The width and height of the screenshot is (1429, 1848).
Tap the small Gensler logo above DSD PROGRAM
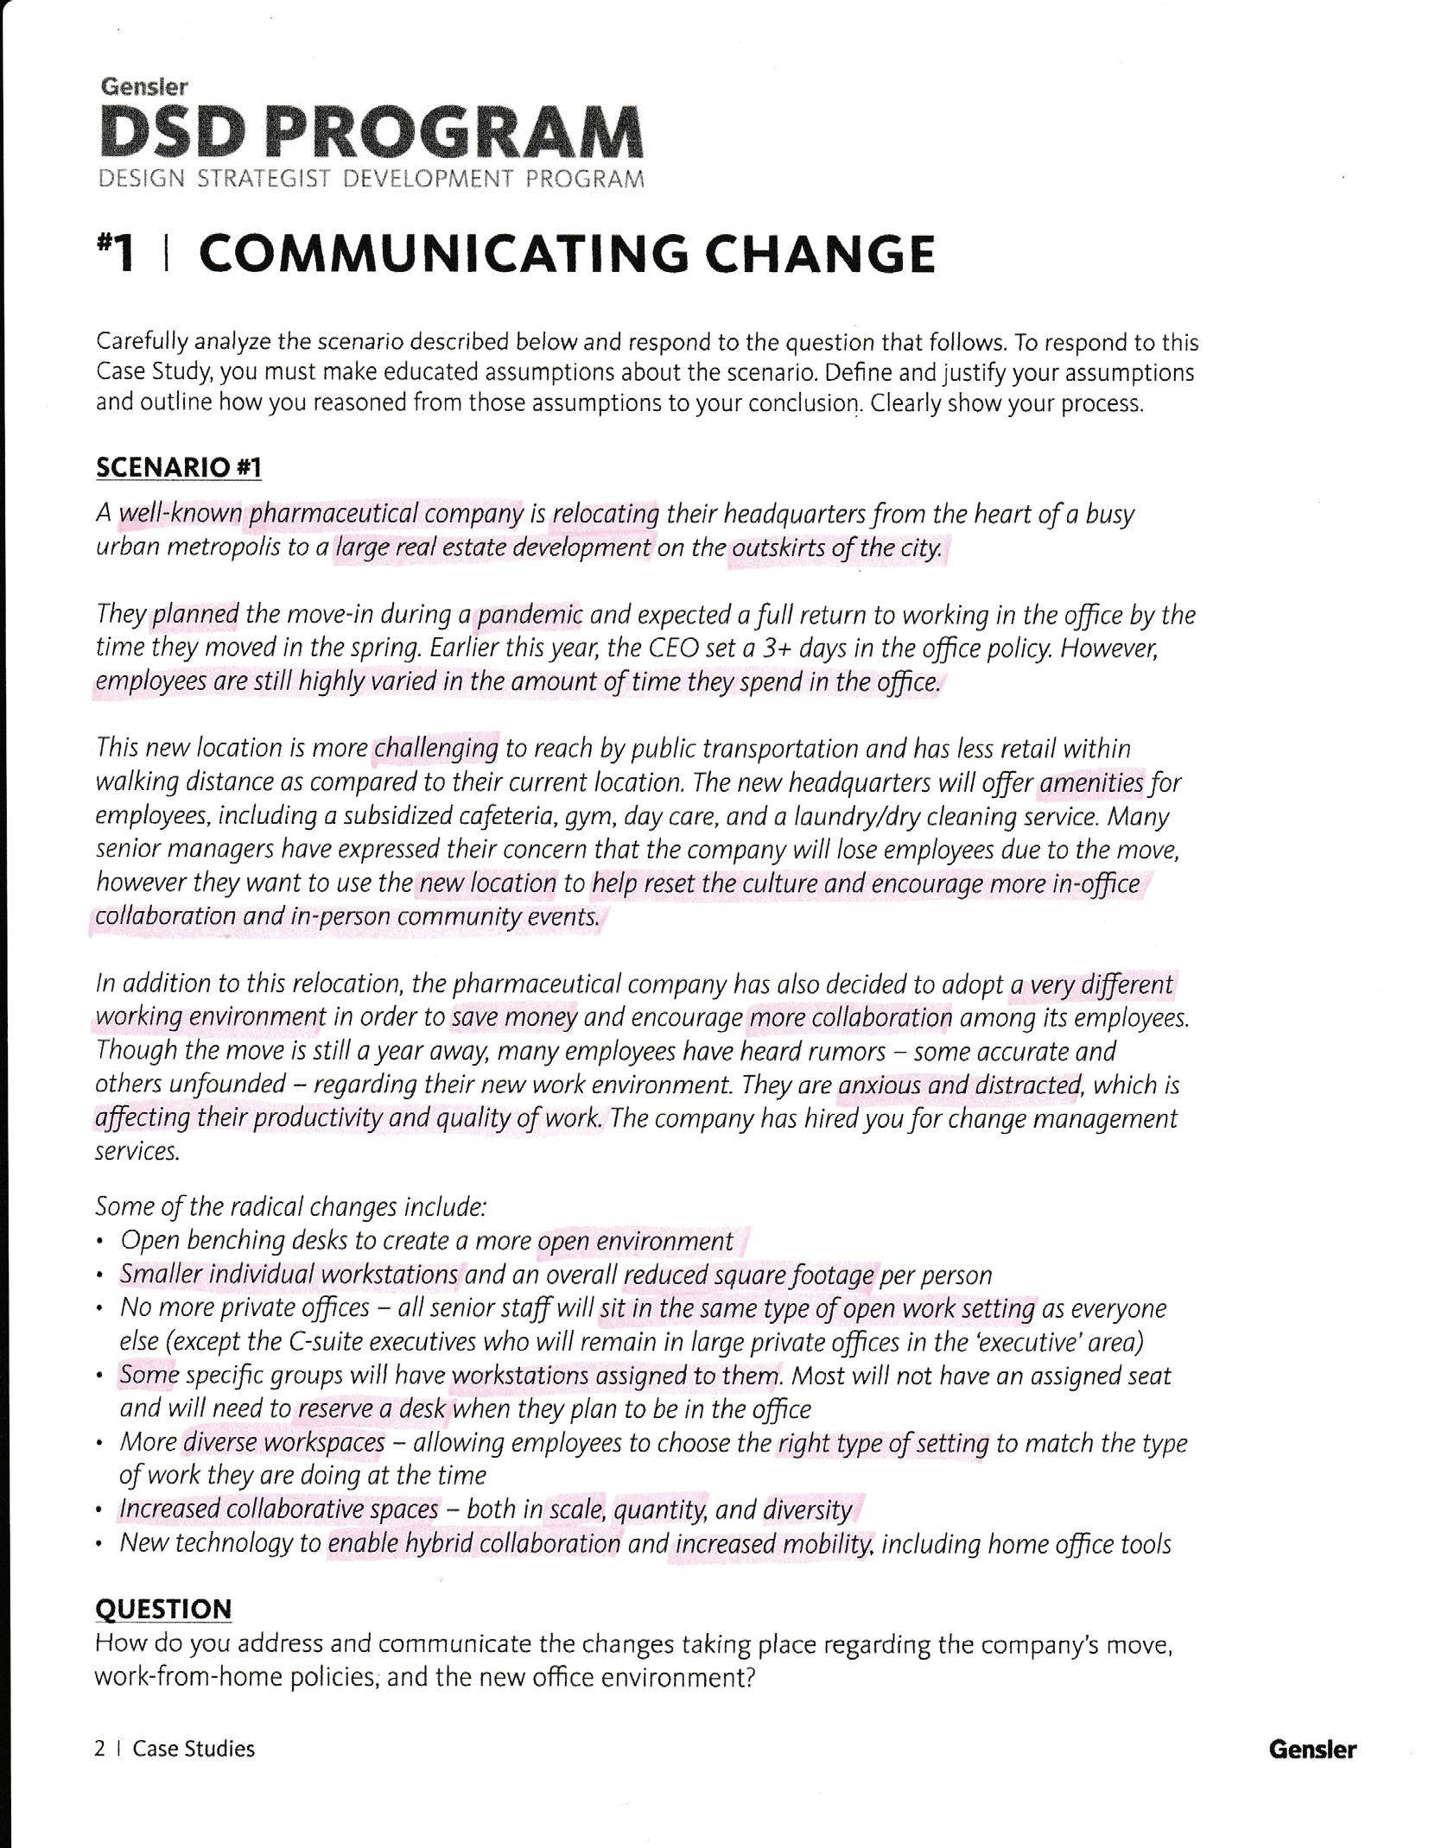tap(144, 86)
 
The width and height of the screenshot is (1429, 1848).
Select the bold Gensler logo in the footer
tap(1312, 1750)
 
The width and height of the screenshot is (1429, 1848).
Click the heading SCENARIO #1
tap(179, 468)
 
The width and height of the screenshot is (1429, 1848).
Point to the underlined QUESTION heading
tap(163, 1609)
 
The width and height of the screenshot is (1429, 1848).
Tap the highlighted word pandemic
tap(530, 615)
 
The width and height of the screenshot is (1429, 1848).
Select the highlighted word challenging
tap(436, 748)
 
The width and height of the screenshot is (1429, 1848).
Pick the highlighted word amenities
tap(1091, 782)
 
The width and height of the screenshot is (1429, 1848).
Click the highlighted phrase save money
tap(514, 1017)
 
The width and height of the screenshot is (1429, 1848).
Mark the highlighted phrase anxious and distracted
tap(959, 1085)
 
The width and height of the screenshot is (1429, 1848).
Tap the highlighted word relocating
tap(606, 515)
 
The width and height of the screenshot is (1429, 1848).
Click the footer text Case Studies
tap(194, 1749)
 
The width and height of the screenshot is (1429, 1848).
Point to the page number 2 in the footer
tap(100, 1749)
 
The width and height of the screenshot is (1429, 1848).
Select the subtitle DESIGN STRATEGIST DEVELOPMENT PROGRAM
tap(372, 179)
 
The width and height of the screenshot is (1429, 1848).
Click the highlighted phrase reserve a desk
tap(372, 1409)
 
